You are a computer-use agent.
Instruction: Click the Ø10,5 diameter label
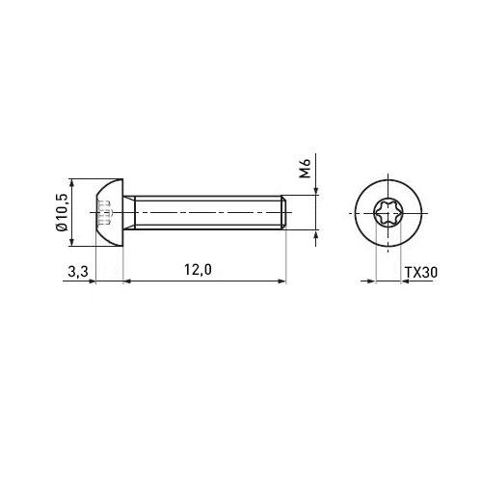pyautogui.click(x=62, y=213)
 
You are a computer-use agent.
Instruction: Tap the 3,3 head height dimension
pyautogui.click(x=78, y=272)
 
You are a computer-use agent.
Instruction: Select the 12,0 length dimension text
pyautogui.click(x=198, y=270)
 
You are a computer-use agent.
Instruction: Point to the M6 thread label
pyautogui.click(x=306, y=168)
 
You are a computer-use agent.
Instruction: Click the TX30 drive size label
pyautogui.click(x=420, y=273)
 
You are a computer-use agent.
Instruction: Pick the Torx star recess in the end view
pyautogui.click(x=388, y=213)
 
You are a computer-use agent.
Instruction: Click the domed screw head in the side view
pyautogui.click(x=110, y=213)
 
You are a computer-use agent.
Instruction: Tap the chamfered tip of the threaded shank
pyautogui.click(x=283, y=213)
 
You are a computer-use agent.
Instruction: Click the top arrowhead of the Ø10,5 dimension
pyautogui.click(x=71, y=183)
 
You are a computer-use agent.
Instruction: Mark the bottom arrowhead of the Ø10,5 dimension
pyautogui.click(x=71, y=242)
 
